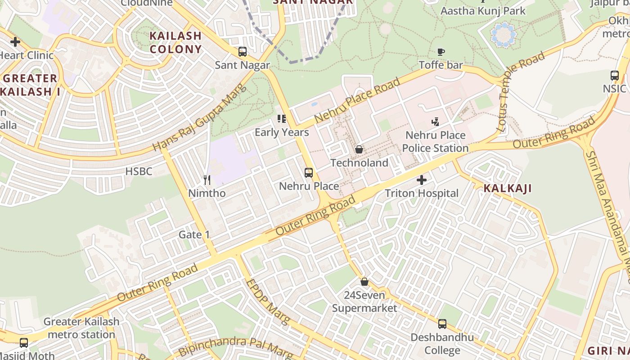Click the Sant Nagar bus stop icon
pos(243,52)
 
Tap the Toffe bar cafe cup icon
pos(441,52)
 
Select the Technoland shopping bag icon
pos(359,149)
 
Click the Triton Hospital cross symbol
pos(422,180)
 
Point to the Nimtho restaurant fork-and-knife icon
pos(207,180)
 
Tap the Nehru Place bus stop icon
pos(309,173)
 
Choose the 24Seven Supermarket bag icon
pos(364,282)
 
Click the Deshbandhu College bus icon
pos(442,324)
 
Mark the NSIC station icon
pos(615,76)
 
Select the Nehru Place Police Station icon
pos(435,121)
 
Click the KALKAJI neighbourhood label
pos(508,189)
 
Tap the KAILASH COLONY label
pos(175,42)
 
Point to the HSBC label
pos(139,171)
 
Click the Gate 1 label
pos(194,234)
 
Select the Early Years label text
pos(282,132)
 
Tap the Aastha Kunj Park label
pos(483,11)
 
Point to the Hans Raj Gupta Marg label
pos(200,118)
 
